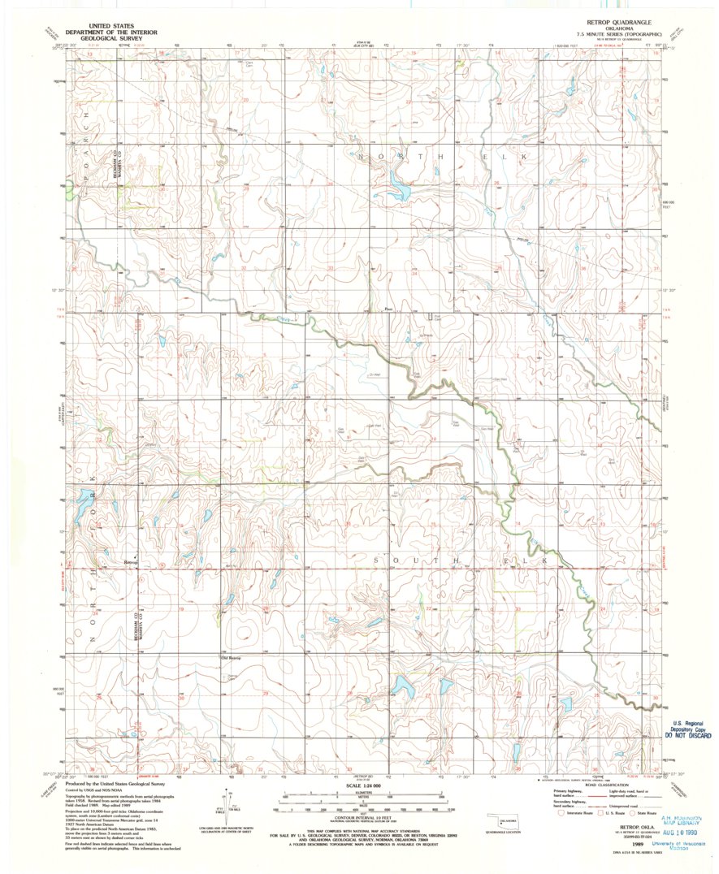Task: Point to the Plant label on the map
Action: (388, 309)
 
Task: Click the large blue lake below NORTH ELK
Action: (398, 189)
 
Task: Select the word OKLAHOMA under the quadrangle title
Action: (621, 26)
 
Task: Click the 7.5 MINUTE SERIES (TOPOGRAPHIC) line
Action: (621, 32)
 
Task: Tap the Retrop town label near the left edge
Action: (132, 561)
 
